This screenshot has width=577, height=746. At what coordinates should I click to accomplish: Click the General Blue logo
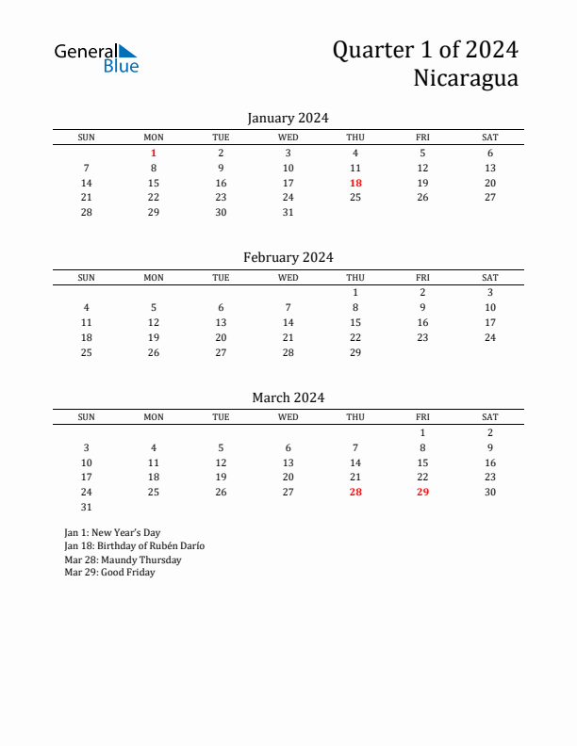[x=96, y=57]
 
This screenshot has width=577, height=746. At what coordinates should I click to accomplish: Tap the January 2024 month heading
[x=288, y=118]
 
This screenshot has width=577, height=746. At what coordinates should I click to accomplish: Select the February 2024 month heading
[x=288, y=257]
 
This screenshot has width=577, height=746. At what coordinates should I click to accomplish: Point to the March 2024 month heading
[x=288, y=397]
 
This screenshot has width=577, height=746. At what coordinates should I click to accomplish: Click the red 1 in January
[x=154, y=153]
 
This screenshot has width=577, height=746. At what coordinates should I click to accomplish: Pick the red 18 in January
[x=355, y=183]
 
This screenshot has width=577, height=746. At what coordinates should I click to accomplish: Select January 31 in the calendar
[x=288, y=213]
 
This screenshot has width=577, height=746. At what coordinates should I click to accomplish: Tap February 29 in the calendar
[x=355, y=352]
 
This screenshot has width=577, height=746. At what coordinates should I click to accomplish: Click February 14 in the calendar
[x=288, y=322]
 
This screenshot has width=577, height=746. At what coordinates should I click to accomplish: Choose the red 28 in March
[x=355, y=492]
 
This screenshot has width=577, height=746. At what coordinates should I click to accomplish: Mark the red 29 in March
[x=422, y=492]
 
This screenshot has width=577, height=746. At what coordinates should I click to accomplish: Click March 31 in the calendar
[x=87, y=507]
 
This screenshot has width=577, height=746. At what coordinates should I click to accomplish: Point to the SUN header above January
[x=87, y=138]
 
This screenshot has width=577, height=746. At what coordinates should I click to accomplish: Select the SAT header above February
[x=490, y=278]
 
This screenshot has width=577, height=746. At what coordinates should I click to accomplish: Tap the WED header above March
[x=288, y=417]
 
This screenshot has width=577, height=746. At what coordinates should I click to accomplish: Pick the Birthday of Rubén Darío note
[x=134, y=546]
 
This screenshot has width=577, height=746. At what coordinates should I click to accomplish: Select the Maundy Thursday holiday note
[x=123, y=559]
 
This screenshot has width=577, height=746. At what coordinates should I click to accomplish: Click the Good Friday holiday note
[x=109, y=573]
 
